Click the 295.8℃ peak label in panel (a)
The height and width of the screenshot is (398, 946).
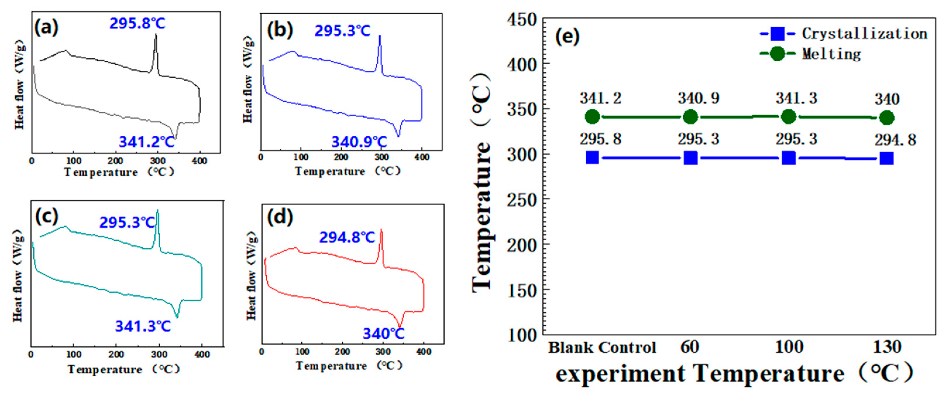point(137,23)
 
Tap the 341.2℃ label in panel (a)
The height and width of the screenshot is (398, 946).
point(147,142)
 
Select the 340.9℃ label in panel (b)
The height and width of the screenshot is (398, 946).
point(359,142)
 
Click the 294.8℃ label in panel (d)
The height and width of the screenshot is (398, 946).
point(347,237)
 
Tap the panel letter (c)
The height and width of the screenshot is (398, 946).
point(46,216)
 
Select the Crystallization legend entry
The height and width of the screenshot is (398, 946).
point(864,34)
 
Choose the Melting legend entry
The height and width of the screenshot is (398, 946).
point(831,54)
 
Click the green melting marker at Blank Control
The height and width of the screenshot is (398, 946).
point(592,117)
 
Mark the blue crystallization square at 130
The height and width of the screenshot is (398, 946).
point(887,159)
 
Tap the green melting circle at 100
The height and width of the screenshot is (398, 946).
point(788,117)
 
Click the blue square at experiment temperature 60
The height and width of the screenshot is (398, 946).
point(690,158)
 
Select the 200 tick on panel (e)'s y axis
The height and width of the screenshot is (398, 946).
point(522,245)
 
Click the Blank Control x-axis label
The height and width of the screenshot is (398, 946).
point(602,347)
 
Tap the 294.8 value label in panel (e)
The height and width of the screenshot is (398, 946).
point(895,140)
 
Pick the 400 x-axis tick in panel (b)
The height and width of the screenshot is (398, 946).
point(422,157)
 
